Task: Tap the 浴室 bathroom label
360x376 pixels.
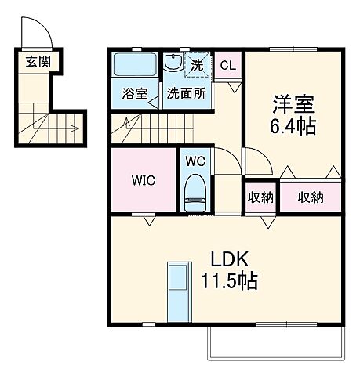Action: [x=135, y=94]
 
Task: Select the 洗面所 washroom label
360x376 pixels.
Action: [x=186, y=94]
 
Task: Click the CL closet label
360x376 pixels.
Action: [x=227, y=67]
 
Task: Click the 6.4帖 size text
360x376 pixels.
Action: [x=295, y=125]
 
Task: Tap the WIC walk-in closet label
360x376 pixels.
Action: [x=143, y=180]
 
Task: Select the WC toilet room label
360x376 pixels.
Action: [x=195, y=161]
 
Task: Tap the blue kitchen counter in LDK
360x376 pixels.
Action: [x=176, y=290]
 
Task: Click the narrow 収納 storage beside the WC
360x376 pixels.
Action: [x=261, y=197]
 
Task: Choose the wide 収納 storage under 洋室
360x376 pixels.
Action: [x=311, y=197]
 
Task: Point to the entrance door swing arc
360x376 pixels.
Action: [x=41, y=34]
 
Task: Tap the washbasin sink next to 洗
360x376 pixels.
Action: [x=174, y=64]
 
